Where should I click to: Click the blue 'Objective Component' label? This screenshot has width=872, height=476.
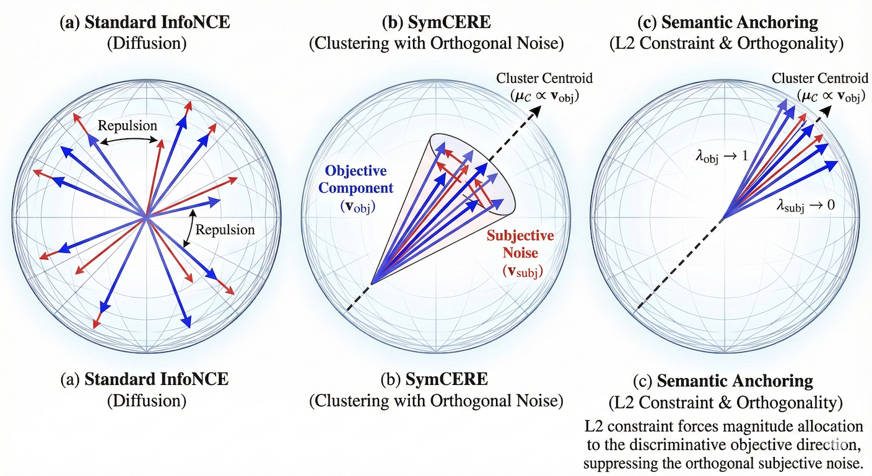[356, 178]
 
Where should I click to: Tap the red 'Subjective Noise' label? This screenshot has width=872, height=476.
[520, 244]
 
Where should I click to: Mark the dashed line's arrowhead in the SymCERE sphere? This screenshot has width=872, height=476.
[538, 110]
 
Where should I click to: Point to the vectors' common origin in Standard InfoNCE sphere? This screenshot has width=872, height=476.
[146, 218]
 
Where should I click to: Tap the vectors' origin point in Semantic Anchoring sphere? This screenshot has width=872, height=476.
[722, 218]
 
